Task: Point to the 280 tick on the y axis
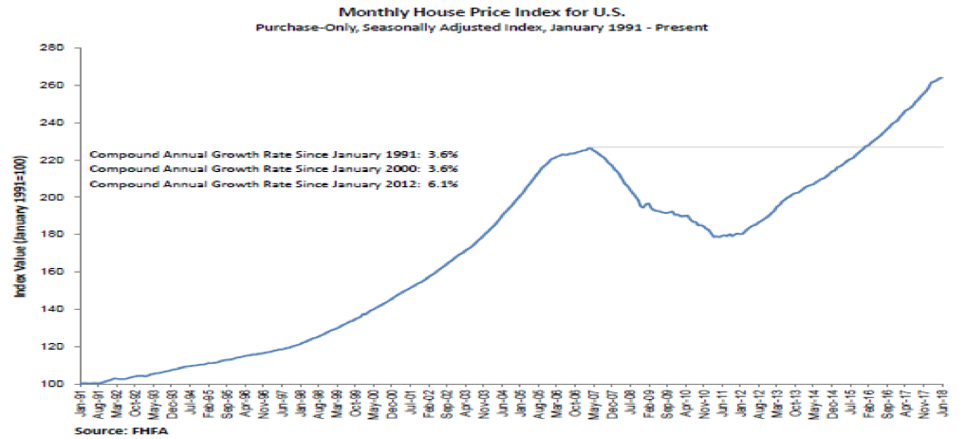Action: point(59,48)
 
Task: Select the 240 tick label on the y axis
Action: point(59,124)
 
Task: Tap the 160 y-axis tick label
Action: point(59,272)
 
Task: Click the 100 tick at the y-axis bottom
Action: point(59,384)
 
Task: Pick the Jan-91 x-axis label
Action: point(84,401)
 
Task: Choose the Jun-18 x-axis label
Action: point(941,401)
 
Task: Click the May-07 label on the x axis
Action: point(594,401)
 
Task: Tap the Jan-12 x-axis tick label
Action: point(741,401)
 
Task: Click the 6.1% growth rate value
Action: point(445,184)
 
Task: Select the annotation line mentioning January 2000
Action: point(274,169)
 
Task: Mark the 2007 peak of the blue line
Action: point(590,148)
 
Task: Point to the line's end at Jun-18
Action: point(940,78)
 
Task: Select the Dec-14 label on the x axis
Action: point(833,401)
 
